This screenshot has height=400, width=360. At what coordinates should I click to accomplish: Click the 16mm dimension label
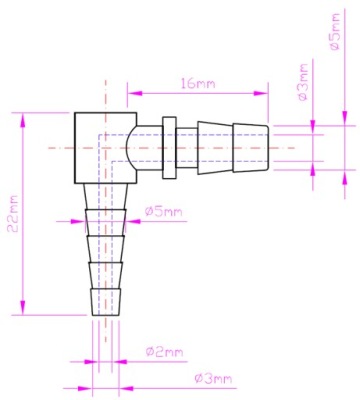click(x=198, y=83)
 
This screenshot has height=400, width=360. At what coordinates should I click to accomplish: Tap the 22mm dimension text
click(x=14, y=214)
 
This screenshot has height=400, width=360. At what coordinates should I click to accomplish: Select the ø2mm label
click(x=165, y=352)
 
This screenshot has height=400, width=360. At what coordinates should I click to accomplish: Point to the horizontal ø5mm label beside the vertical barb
click(x=164, y=211)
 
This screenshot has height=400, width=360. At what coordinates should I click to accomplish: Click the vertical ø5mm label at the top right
click(x=335, y=32)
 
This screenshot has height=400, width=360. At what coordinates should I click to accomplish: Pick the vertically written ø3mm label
click(x=303, y=83)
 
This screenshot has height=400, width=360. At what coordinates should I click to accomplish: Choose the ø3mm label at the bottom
click(x=213, y=379)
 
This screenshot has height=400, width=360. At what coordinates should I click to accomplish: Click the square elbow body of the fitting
click(x=105, y=148)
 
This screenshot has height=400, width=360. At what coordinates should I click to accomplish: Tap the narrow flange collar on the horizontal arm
click(x=169, y=148)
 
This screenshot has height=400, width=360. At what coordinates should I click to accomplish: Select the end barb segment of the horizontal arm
click(x=250, y=148)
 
